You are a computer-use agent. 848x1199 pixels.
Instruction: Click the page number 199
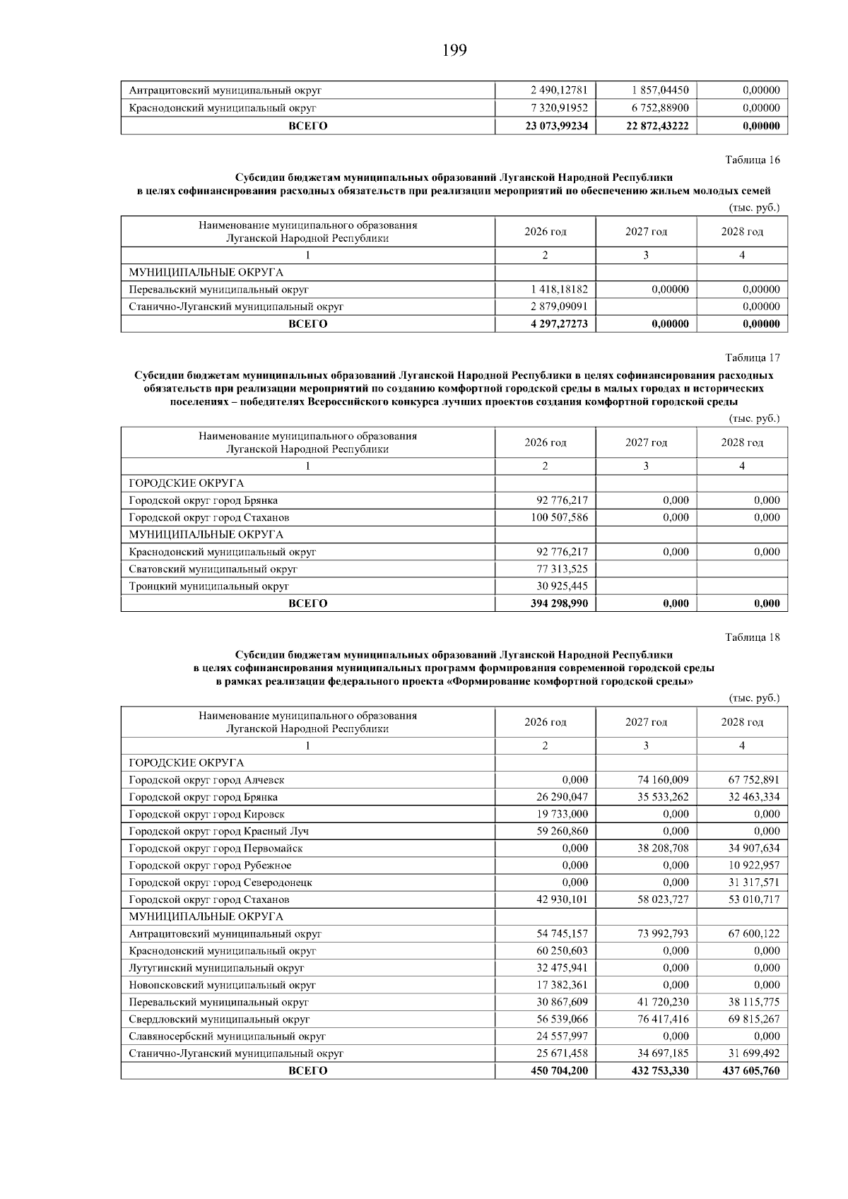[454, 51]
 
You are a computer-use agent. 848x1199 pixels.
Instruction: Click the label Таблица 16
[753, 160]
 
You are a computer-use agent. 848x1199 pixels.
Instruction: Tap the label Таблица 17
[753, 358]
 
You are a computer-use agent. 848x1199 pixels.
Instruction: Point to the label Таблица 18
[753, 637]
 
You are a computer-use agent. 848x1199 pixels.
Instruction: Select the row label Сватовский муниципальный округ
[213, 569]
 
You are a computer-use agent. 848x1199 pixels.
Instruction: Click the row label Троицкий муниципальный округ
[208, 586]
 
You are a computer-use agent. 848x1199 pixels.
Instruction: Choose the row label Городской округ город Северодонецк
[220, 882]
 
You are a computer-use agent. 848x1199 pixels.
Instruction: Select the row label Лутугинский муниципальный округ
[216, 968]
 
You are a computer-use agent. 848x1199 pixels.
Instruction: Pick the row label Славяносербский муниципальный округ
[227, 1036]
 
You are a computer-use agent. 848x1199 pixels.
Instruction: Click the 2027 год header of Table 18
[646, 722]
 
